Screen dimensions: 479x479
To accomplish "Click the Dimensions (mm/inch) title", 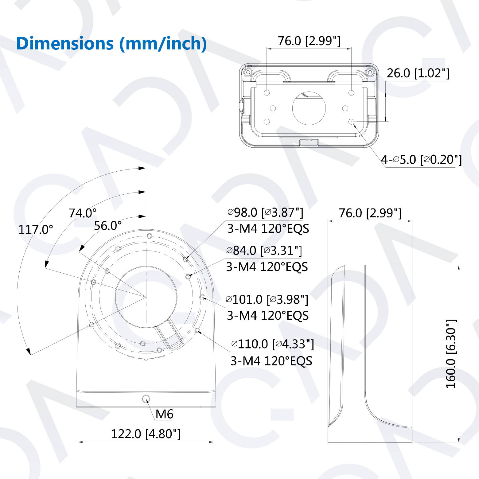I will (111, 43).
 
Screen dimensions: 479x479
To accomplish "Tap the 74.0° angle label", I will (82, 213).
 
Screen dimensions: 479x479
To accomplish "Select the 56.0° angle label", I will (107, 226).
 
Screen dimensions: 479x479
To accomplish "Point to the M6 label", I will (164, 414).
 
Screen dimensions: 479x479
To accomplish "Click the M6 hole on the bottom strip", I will (146, 399).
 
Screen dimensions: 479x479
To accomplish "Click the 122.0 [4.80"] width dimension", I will (146, 434).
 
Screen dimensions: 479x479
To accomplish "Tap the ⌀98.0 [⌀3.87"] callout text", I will (265, 212).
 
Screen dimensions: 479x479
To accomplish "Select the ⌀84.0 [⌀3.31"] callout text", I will (264, 251).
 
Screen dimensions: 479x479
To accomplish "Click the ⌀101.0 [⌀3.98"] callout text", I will (267, 299).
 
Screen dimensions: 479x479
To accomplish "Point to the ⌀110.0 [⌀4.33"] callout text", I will (272, 344).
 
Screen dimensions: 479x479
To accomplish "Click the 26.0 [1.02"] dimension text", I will (418, 73).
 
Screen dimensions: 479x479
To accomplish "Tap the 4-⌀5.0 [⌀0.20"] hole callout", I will (421, 160).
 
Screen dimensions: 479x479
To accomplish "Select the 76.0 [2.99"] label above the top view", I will (309, 41).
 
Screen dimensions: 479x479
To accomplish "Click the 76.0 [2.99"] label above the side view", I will (370, 213).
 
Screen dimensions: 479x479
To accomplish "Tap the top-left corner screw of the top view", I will (247, 72).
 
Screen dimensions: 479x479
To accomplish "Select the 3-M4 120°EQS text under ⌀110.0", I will (271, 361).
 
